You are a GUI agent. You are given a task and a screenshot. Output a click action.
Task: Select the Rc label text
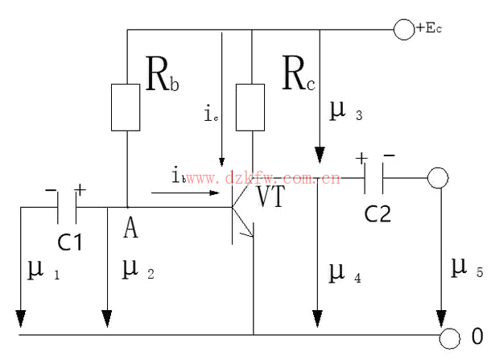[x=299, y=75]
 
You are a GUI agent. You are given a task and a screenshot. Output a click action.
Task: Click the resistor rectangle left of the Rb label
[x=126, y=106]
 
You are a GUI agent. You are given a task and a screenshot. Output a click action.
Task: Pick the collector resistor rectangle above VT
[x=253, y=106]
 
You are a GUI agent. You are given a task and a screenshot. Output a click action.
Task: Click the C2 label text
[x=378, y=214]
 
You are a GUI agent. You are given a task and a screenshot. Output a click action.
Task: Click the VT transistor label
[x=270, y=197]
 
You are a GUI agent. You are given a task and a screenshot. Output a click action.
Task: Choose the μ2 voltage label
[x=136, y=270]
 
